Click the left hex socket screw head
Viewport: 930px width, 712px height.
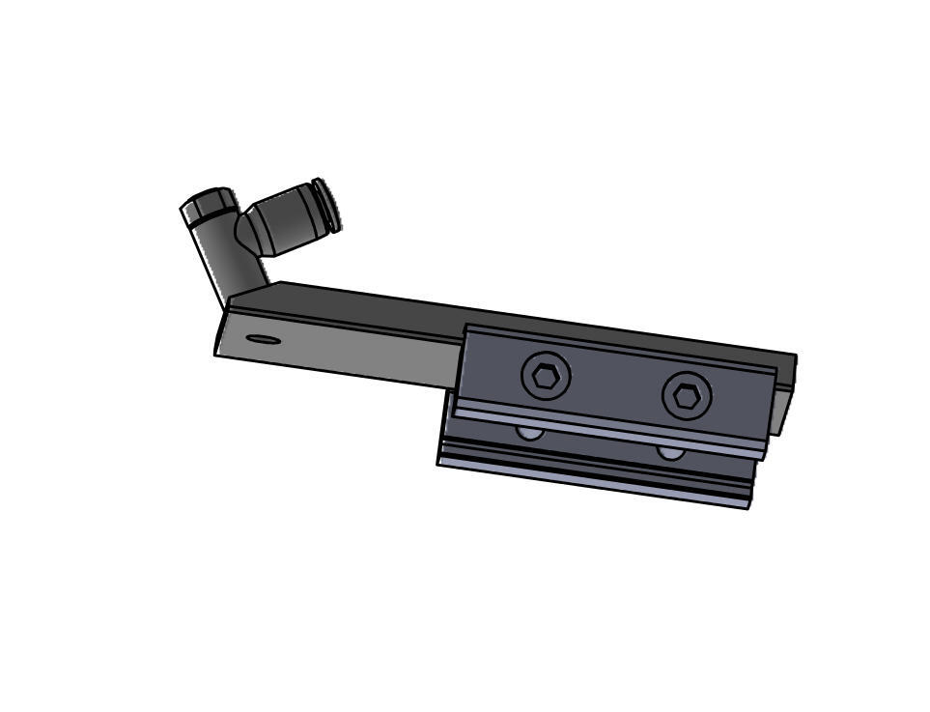point(546,375)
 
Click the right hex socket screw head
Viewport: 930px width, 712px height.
point(687,395)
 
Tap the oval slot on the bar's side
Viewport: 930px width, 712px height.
point(264,339)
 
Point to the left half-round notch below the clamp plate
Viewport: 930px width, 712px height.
point(529,432)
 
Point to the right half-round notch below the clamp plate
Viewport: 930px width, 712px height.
point(671,452)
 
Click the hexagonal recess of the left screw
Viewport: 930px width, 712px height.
point(546,375)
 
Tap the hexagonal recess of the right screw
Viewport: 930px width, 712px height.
point(687,396)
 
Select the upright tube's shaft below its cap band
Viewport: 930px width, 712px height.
point(232,262)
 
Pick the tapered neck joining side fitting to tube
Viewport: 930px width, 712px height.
point(247,232)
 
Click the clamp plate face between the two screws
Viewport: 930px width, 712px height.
point(615,386)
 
